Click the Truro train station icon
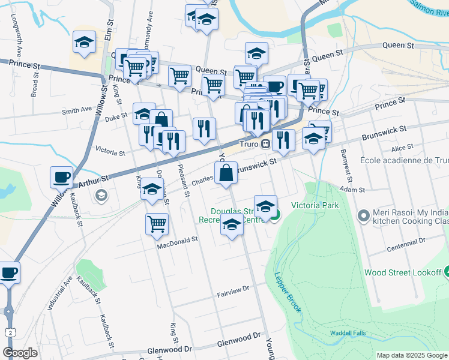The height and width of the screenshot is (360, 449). [x=264, y=144]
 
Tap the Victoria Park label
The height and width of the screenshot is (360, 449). [x=315, y=205]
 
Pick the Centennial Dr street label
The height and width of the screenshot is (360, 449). [x=406, y=244]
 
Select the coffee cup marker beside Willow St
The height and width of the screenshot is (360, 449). [x=61, y=178]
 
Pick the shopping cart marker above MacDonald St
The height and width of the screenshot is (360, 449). [x=157, y=224]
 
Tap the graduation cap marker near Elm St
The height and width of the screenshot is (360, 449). [x=84, y=43]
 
